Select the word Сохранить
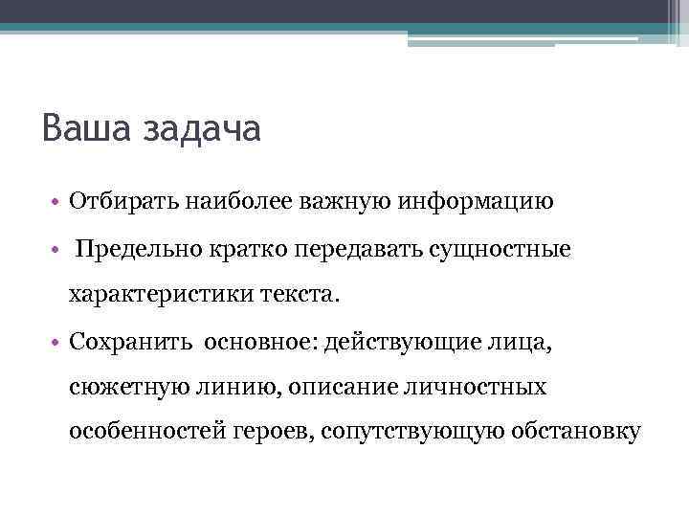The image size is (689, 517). [x=130, y=342]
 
